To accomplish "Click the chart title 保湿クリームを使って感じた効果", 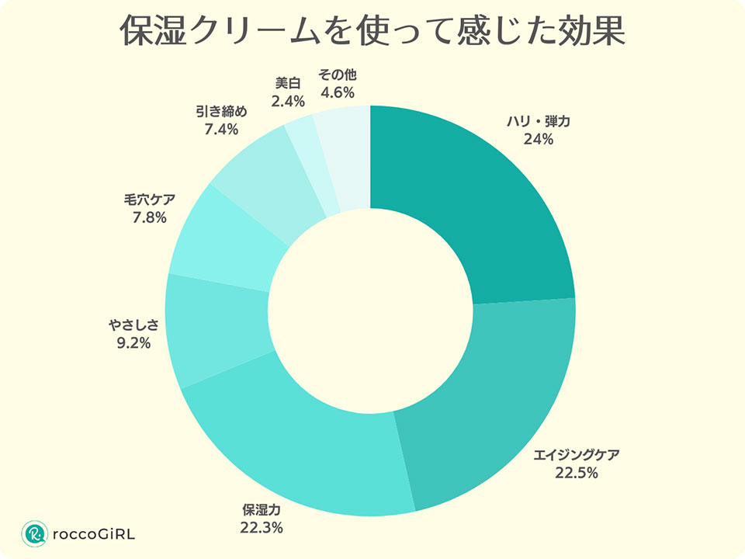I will pyautogui.click(x=372, y=33).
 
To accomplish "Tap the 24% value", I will pyautogui.click(x=538, y=140).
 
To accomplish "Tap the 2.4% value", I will pyautogui.click(x=287, y=101).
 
